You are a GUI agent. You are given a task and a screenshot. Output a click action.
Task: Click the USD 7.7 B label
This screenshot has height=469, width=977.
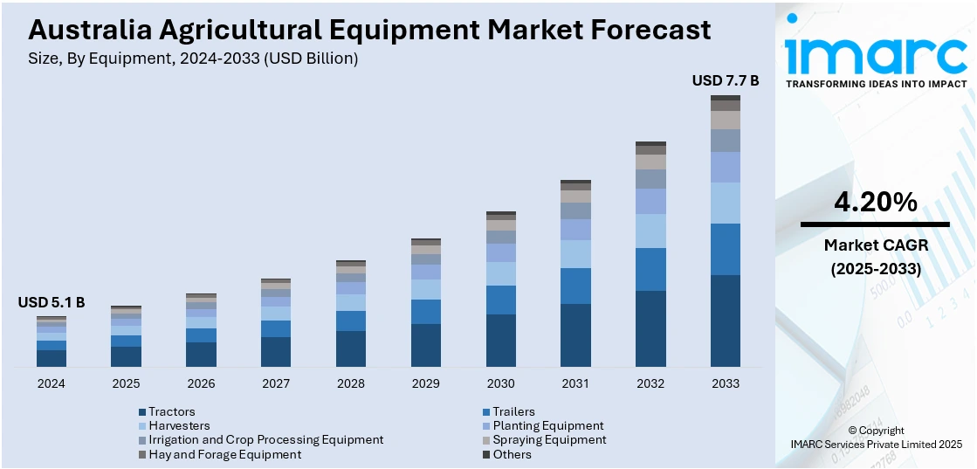(725, 80)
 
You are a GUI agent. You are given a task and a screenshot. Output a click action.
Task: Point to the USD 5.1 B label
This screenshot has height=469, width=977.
(52, 302)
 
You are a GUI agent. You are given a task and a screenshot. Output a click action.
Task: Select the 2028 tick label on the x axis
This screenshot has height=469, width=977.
(351, 383)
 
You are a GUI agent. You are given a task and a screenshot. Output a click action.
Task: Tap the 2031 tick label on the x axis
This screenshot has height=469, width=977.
(575, 383)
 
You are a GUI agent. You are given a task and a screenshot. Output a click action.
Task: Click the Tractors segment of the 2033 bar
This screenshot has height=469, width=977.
(725, 321)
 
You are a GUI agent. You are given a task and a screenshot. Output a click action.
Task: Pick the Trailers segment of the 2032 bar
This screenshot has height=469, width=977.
(650, 269)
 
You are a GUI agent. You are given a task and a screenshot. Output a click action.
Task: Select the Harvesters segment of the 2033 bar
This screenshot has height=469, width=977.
(725, 203)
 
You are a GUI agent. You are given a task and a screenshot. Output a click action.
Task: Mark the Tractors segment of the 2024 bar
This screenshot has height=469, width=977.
(52, 358)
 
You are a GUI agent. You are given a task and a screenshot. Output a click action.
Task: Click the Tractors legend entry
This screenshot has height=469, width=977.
(171, 411)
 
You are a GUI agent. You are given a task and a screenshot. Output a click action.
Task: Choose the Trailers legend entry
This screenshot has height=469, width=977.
(513, 411)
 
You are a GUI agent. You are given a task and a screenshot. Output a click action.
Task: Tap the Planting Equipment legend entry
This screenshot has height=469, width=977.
(547, 425)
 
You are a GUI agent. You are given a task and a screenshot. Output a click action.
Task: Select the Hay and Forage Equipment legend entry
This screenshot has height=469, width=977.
(224, 454)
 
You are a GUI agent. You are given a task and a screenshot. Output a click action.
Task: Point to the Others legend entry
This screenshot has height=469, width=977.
(511, 454)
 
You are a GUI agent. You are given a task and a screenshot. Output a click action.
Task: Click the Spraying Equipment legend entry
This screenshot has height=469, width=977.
(548, 439)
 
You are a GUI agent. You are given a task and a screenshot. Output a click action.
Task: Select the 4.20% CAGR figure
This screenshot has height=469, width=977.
(875, 203)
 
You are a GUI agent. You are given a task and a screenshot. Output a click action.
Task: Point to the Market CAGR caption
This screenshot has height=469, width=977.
(875, 245)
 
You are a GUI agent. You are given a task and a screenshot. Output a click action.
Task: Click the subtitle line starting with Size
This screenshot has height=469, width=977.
(193, 59)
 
